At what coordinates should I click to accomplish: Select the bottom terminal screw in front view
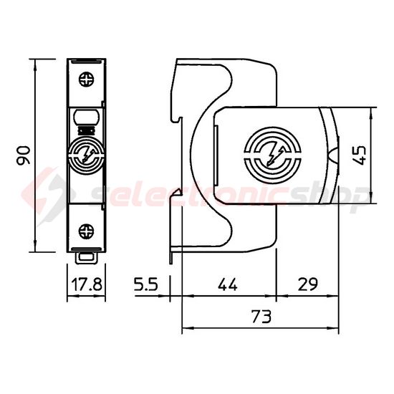87,231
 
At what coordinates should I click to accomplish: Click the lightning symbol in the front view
86,155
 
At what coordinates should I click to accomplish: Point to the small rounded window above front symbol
86,116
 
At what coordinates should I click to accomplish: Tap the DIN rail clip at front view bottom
87,255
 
